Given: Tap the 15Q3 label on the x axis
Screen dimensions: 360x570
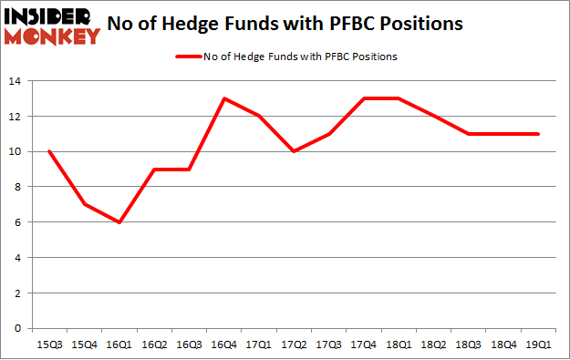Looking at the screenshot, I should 48,344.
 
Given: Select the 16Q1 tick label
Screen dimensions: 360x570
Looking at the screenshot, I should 118,344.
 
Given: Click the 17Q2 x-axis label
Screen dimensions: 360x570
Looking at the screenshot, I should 293,344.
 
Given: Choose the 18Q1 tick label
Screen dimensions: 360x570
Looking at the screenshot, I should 398,344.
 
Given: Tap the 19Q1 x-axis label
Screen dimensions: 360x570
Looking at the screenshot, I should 537,344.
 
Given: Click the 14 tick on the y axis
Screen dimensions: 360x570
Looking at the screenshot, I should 17,82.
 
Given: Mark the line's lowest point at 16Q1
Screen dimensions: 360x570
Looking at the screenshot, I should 118,222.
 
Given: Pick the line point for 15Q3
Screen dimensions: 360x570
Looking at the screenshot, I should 48,151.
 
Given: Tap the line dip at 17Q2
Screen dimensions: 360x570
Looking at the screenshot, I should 293,151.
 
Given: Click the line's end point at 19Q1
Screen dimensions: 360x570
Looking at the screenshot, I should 537,134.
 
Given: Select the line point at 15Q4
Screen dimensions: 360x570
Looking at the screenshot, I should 83,204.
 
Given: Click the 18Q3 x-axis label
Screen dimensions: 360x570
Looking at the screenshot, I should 468,344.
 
